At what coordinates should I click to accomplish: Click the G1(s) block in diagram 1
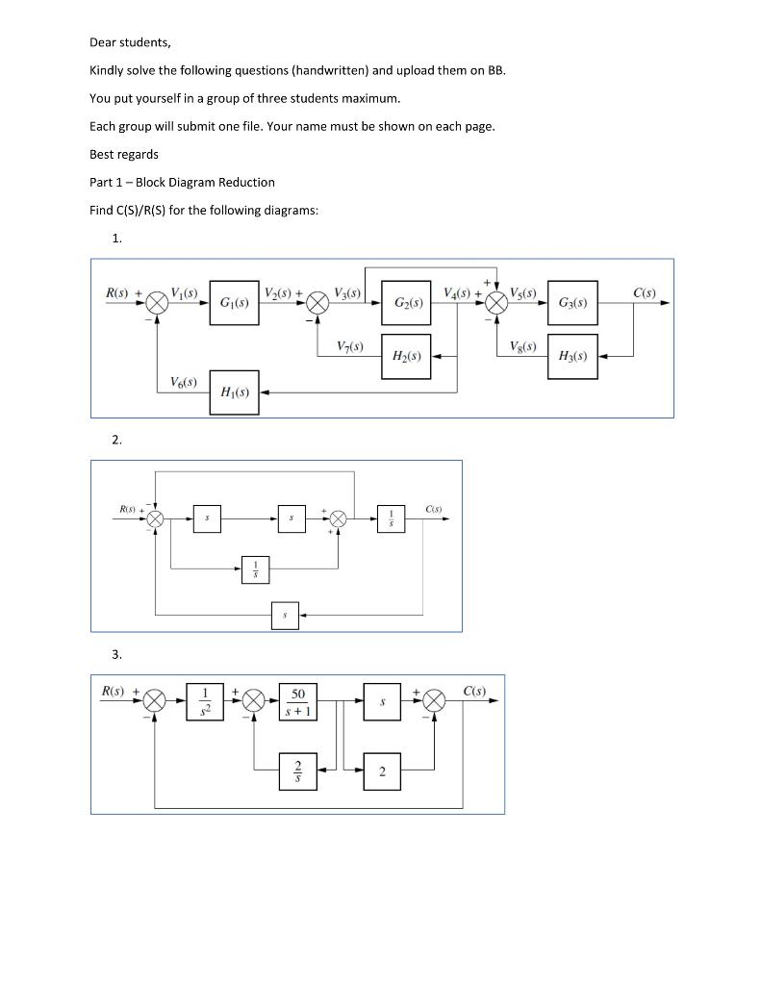[234, 303]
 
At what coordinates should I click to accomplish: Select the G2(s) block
[407, 303]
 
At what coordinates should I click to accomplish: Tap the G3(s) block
[572, 303]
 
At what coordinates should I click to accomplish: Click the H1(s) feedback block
[234, 391]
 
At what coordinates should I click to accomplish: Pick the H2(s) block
[407, 356]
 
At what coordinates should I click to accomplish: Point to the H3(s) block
[572, 356]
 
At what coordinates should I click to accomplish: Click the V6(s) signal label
[183, 382]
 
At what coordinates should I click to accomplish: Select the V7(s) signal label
[350, 345]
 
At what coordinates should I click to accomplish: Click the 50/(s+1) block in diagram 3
[298, 701]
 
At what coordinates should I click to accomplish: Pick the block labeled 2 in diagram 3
[382, 770]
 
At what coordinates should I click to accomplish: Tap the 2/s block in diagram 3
[298, 770]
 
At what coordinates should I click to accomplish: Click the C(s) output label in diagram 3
[474, 691]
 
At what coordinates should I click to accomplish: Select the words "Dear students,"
[130, 42]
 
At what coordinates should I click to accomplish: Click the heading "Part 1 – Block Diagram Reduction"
[182, 182]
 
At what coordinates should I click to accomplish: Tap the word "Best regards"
[124, 154]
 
